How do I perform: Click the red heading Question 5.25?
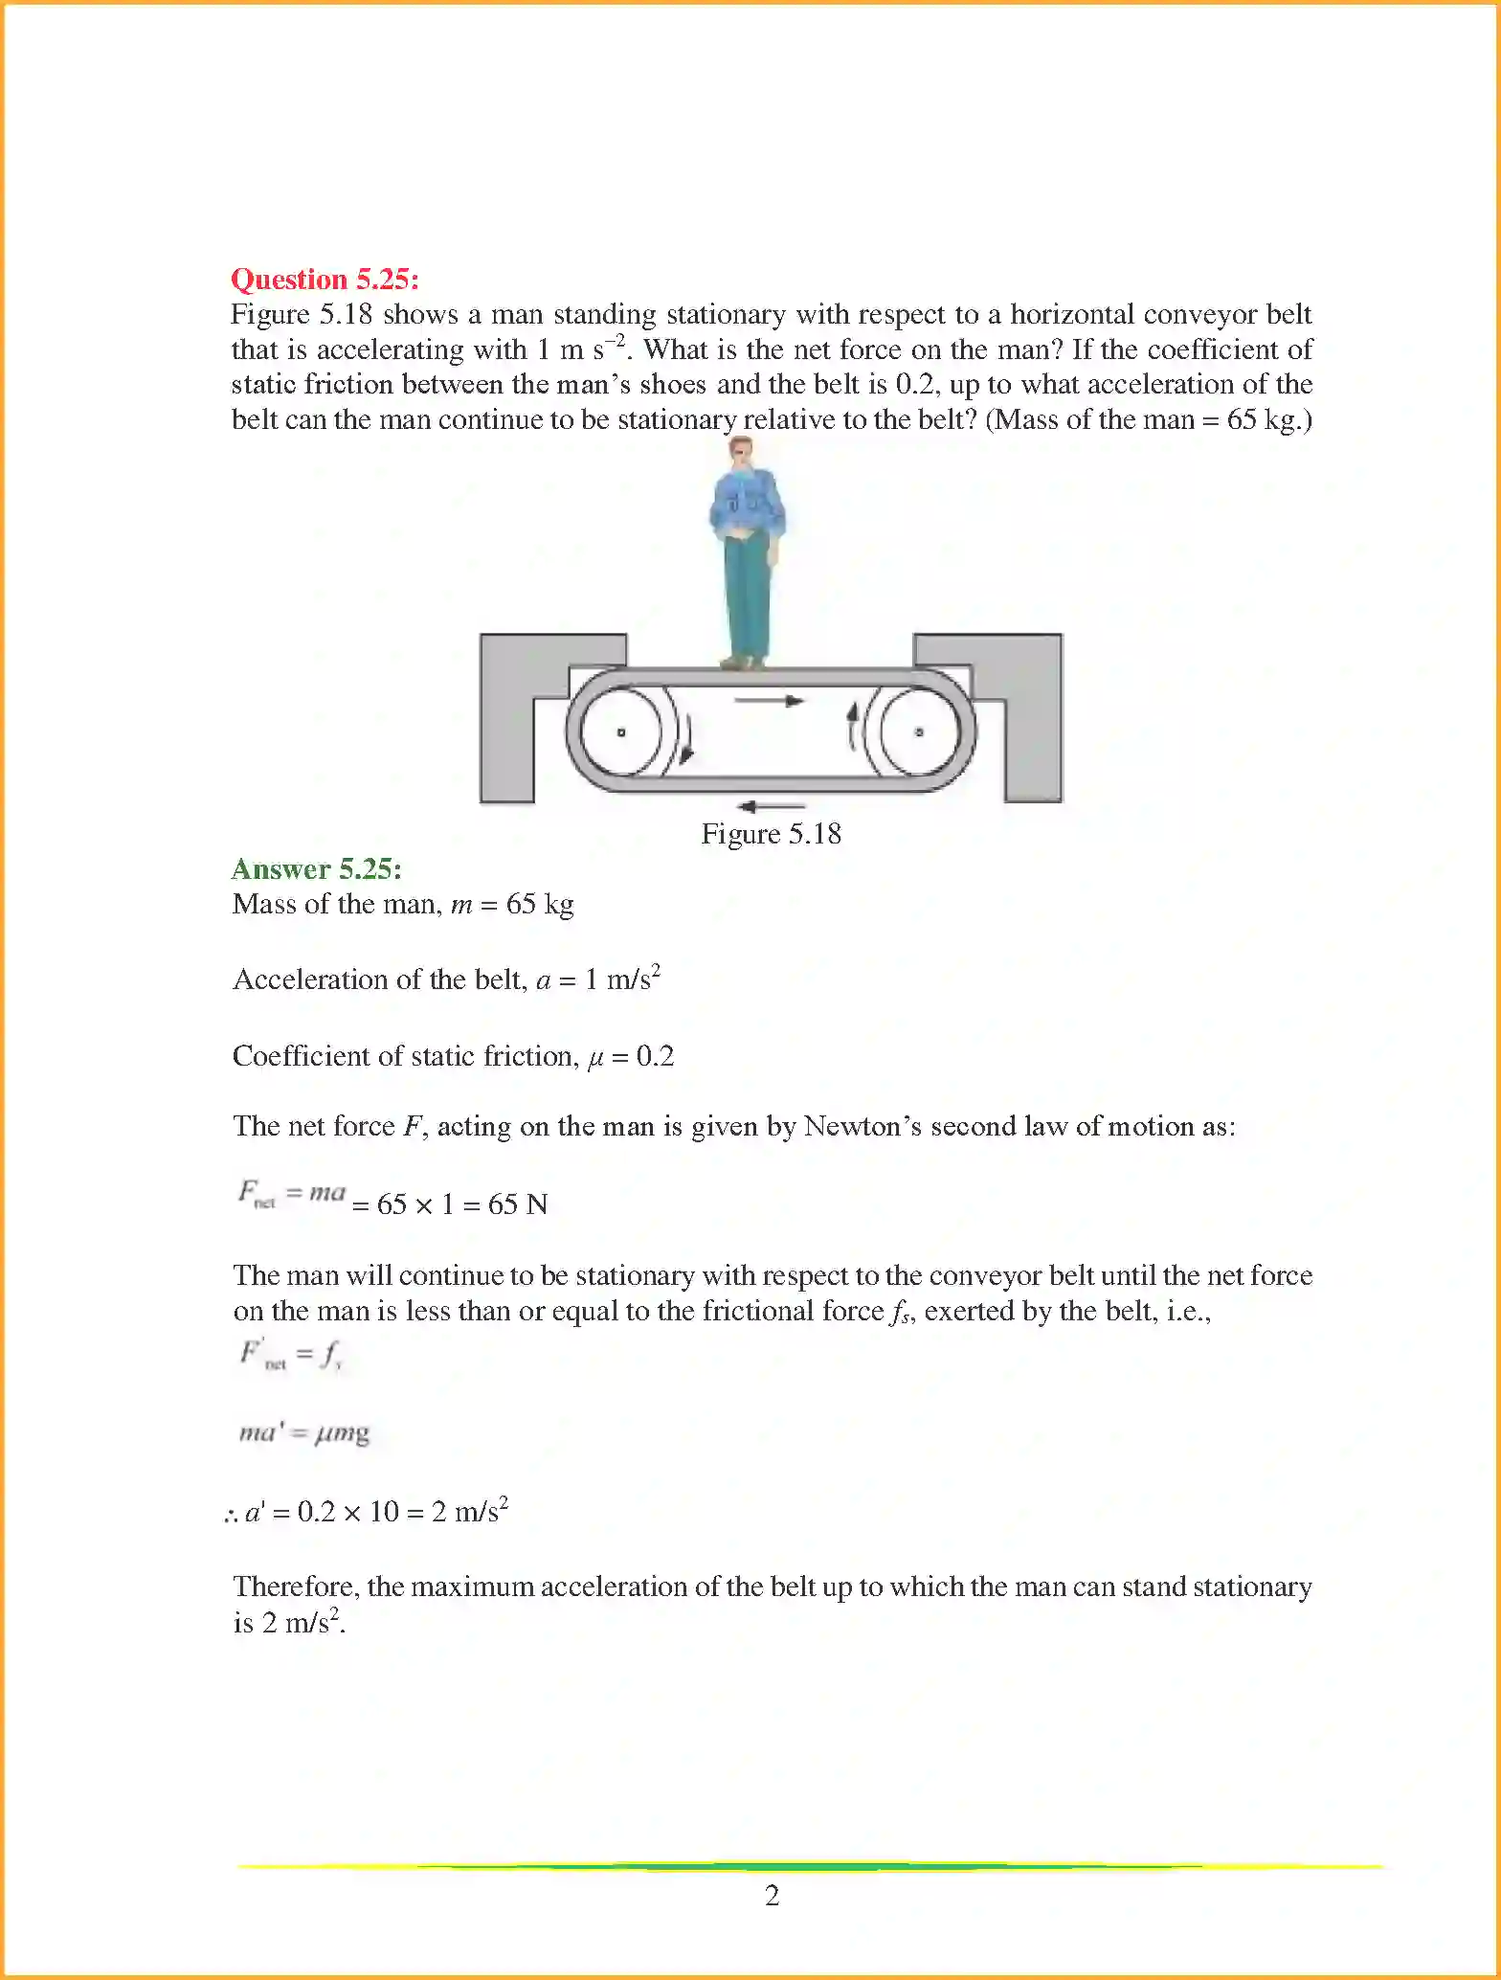[x=325, y=280]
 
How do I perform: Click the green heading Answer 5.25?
[x=316, y=869]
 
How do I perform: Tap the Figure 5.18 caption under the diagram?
[x=771, y=834]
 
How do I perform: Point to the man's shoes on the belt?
[x=743, y=662]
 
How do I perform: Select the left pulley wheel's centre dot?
[x=621, y=732]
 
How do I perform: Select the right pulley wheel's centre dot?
[x=919, y=732]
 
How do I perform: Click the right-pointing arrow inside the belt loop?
[x=769, y=702]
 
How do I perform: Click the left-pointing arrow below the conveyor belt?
[x=772, y=806]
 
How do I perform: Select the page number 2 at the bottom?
[x=773, y=1896]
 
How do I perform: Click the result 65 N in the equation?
[x=518, y=1204]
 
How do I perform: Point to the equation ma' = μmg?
[x=303, y=1433]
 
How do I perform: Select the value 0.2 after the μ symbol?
[x=655, y=1056]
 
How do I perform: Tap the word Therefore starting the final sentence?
[x=295, y=1587]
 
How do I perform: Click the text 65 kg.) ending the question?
[x=1269, y=419]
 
